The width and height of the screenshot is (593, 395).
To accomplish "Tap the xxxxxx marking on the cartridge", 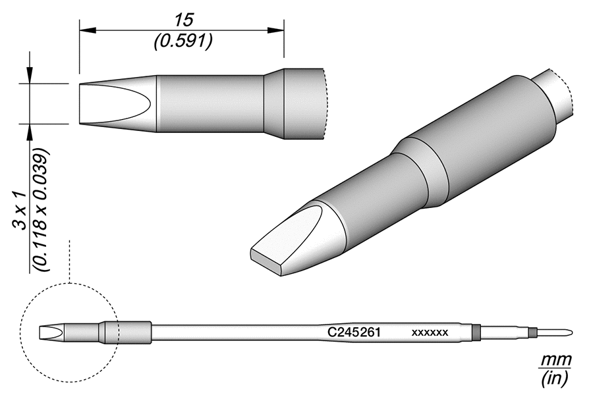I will (x=430, y=332).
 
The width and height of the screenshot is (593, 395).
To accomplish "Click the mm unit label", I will (x=556, y=361).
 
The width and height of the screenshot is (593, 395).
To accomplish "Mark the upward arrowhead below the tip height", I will (x=30, y=131).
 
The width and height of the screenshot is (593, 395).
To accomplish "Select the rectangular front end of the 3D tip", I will (x=266, y=262).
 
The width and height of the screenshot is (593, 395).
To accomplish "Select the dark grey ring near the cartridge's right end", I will (x=476, y=331).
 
